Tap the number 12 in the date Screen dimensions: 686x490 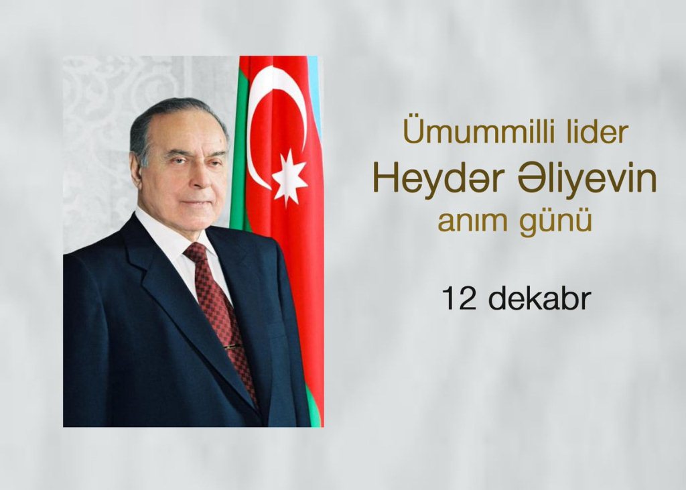coord(458,299)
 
